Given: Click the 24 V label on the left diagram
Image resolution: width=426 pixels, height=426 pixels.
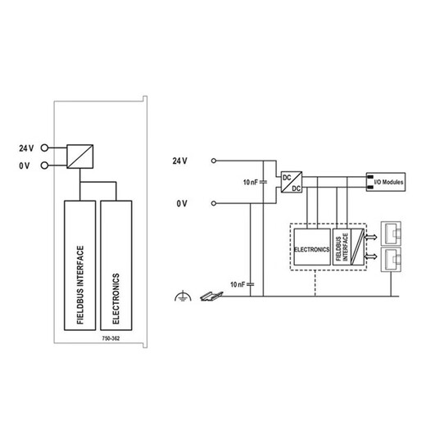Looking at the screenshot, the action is [26, 148].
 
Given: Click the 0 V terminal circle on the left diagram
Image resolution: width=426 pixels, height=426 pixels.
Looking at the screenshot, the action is [44, 165].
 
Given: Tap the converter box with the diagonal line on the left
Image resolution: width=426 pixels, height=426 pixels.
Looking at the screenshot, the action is [80, 156].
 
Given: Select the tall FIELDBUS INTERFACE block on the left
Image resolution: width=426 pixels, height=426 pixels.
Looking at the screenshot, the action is [79, 265].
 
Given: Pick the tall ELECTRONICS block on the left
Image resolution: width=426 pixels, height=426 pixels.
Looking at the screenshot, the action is [116, 265].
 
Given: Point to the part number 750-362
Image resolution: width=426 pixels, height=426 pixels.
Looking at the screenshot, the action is [111, 338].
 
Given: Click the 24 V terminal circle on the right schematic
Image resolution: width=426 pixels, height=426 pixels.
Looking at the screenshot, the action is [214, 161].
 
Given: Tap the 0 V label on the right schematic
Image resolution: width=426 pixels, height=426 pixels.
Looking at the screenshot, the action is [182, 203].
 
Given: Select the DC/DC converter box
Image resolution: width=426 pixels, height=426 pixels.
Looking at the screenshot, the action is [292, 182].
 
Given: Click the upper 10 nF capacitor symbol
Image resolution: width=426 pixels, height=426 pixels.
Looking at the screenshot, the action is [263, 182].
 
